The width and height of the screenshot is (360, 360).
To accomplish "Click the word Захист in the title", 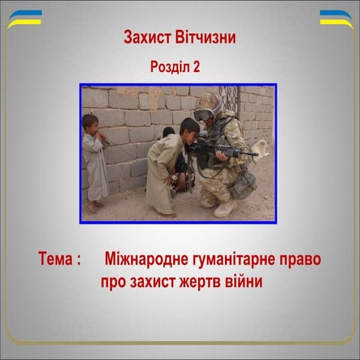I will (147, 37).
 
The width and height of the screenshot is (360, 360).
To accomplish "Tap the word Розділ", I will (170, 67).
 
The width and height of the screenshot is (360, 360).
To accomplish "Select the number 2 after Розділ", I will (196, 67).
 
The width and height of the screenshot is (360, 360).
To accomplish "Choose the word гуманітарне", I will (236, 259).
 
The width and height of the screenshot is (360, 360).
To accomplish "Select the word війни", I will (250, 283).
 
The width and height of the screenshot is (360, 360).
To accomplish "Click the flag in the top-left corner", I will (24, 19).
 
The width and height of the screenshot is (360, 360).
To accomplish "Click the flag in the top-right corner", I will (335, 19).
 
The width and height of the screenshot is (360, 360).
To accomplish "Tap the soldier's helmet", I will (207, 102).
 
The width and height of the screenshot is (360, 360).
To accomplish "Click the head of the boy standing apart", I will (90, 122).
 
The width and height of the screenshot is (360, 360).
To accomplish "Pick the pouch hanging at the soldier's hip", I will (243, 184).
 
